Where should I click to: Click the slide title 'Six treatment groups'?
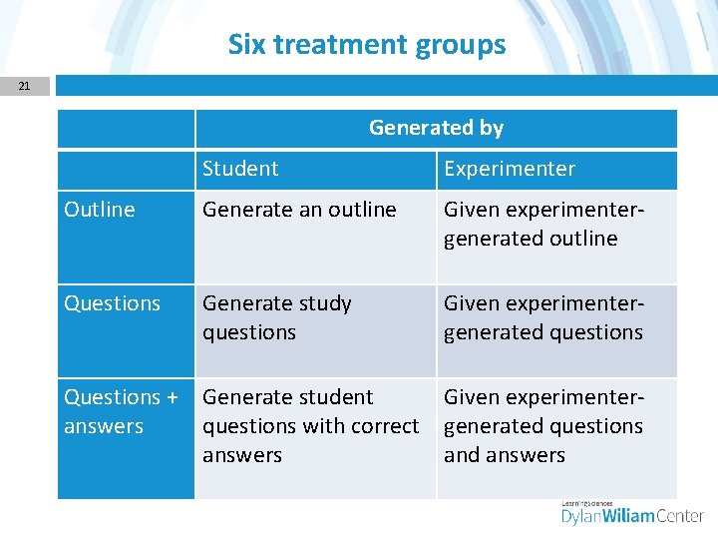[367, 45]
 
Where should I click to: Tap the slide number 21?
[24, 86]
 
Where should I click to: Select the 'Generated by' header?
[436, 128]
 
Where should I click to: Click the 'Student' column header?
[240, 169]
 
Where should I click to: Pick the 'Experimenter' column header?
[510, 169]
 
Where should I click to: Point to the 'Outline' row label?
[100, 210]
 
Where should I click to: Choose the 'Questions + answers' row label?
[121, 411]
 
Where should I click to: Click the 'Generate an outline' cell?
[299, 210]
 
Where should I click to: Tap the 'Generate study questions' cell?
[277, 317]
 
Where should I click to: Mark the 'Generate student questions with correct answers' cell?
[310, 426]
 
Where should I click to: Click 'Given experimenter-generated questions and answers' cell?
[544, 426]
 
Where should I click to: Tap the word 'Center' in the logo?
[675, 516]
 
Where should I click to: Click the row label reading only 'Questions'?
[112, 303]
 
